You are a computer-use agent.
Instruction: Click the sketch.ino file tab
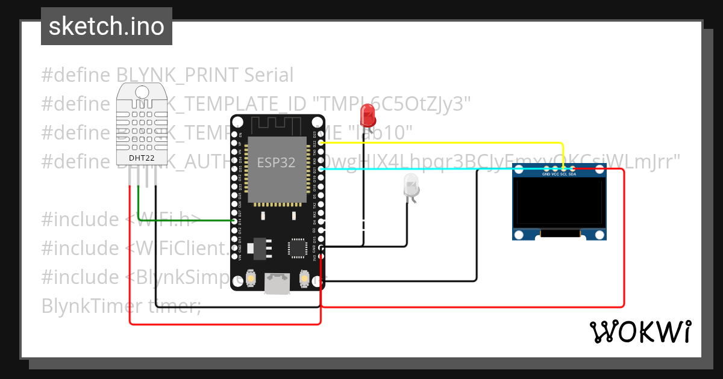(x=106, y=26)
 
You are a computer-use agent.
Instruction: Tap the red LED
(x=367, y=114)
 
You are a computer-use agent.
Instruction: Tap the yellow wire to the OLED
(x=458, y=143)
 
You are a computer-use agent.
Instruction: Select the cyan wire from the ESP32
(x=422, y=170)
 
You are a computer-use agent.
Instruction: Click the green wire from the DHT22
(x=181, y=221)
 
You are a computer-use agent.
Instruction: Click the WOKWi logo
(x=640, y=331)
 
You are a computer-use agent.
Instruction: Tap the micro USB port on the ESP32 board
(x=277, y=283)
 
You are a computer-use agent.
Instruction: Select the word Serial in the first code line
(x=269, y=75)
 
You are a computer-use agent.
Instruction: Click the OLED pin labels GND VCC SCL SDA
(x=559, y=174)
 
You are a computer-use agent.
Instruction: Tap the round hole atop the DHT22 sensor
(x=142, y=91)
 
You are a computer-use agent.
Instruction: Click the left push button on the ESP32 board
(x=251, y=277)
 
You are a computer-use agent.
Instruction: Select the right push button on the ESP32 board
(x=304, y=277)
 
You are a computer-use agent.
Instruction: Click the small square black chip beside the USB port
(x=298, y=248)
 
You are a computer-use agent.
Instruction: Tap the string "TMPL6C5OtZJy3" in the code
(x=394, y=104)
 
